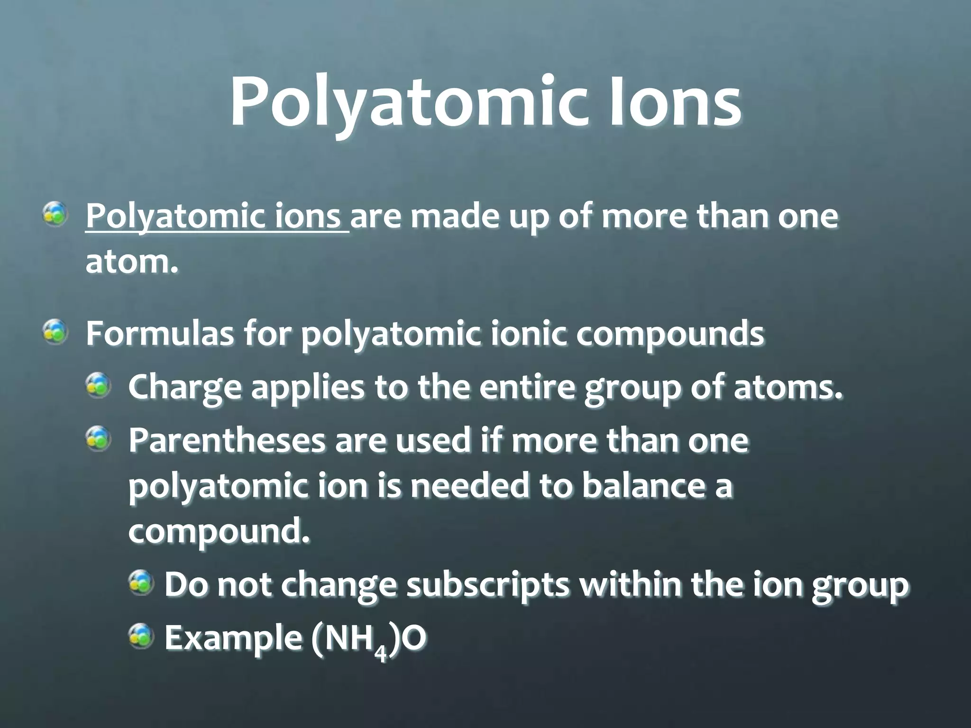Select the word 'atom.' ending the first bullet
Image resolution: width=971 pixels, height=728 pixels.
(x=132, y=263)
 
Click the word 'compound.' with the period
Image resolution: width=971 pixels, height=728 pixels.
(x=219, y=532)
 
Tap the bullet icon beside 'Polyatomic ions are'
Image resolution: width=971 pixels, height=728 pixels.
(x=55, y=214)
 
